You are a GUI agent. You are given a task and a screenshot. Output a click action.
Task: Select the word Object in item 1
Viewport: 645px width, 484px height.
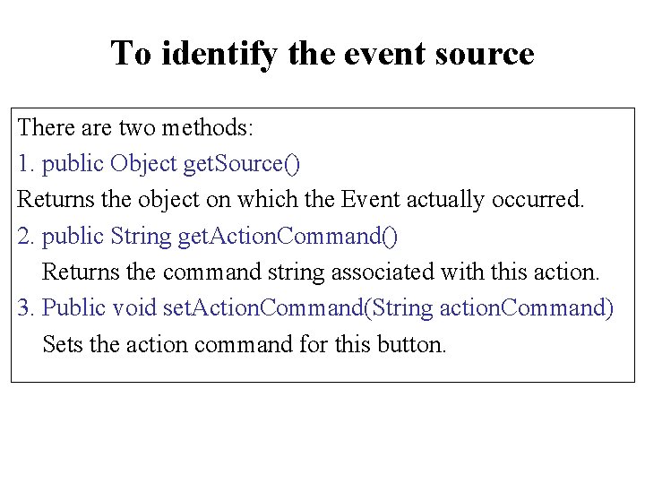click(143, 163)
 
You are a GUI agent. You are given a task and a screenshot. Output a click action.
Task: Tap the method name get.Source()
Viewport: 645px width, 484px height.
click(242, 163)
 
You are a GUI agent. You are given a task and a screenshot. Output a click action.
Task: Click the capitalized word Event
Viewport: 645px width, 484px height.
click(368, 199)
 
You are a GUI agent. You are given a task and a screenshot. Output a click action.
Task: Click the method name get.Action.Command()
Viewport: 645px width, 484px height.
click(288, 236)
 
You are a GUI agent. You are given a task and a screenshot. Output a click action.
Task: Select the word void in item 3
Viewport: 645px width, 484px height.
click(135, 308)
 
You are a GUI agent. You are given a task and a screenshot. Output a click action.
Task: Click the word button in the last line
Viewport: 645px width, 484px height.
click(414, 344)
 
